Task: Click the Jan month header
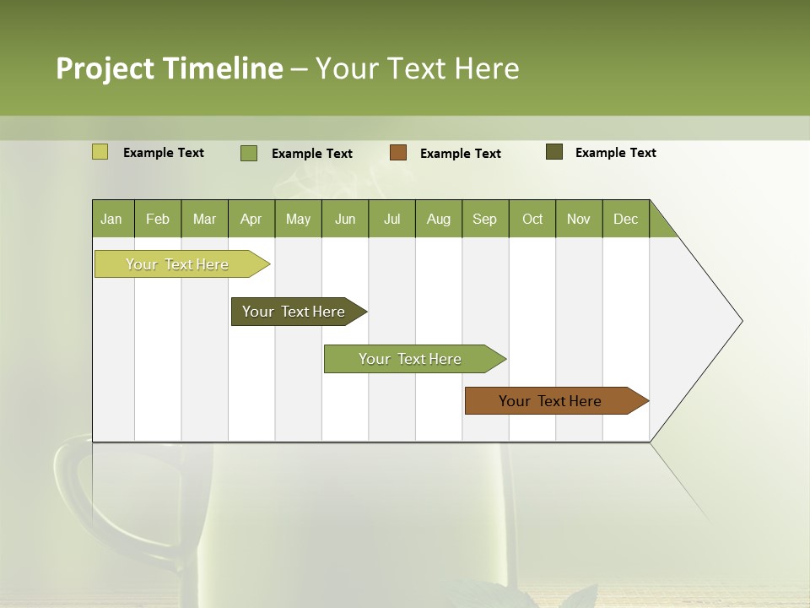click(x=112, y=219)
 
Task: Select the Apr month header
click(x=251, y=219)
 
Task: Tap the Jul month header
click(x=391, y=219)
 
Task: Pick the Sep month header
click(x=484, y=219)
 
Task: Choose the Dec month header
click(x=625, y=219)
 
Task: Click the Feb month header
click(x=158, y=219)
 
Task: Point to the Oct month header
click(x=532, y=219)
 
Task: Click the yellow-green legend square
click(x=100, y=152)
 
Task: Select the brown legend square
click(x=398, y=153)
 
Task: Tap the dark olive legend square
click(x=554, y=152)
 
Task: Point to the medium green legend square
click(x=249, y=153)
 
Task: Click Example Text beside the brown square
click(x=460, y=154)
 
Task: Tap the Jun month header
click(x=345, y=219)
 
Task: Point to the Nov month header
click(x=579, y=219)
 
